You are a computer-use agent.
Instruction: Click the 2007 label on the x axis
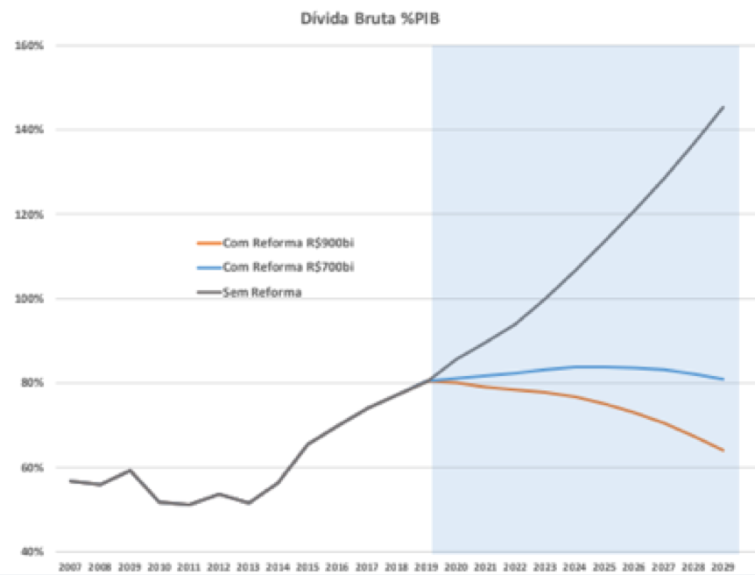70,567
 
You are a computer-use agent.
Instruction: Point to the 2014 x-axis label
278,567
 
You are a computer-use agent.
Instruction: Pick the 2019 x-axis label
427,567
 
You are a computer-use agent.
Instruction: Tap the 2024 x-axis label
575,567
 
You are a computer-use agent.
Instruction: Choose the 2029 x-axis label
723,567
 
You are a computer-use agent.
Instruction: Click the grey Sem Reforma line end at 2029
723,107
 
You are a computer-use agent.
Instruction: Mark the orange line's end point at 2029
723,451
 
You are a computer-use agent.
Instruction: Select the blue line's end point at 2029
723,380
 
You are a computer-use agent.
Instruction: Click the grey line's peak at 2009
130,470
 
